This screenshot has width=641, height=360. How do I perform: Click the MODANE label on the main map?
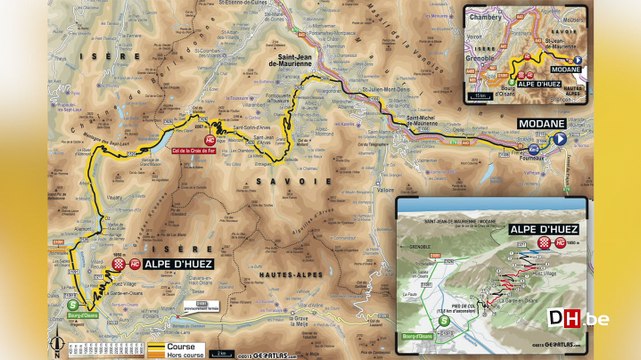541,123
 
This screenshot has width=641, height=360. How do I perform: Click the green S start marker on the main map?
72,306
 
